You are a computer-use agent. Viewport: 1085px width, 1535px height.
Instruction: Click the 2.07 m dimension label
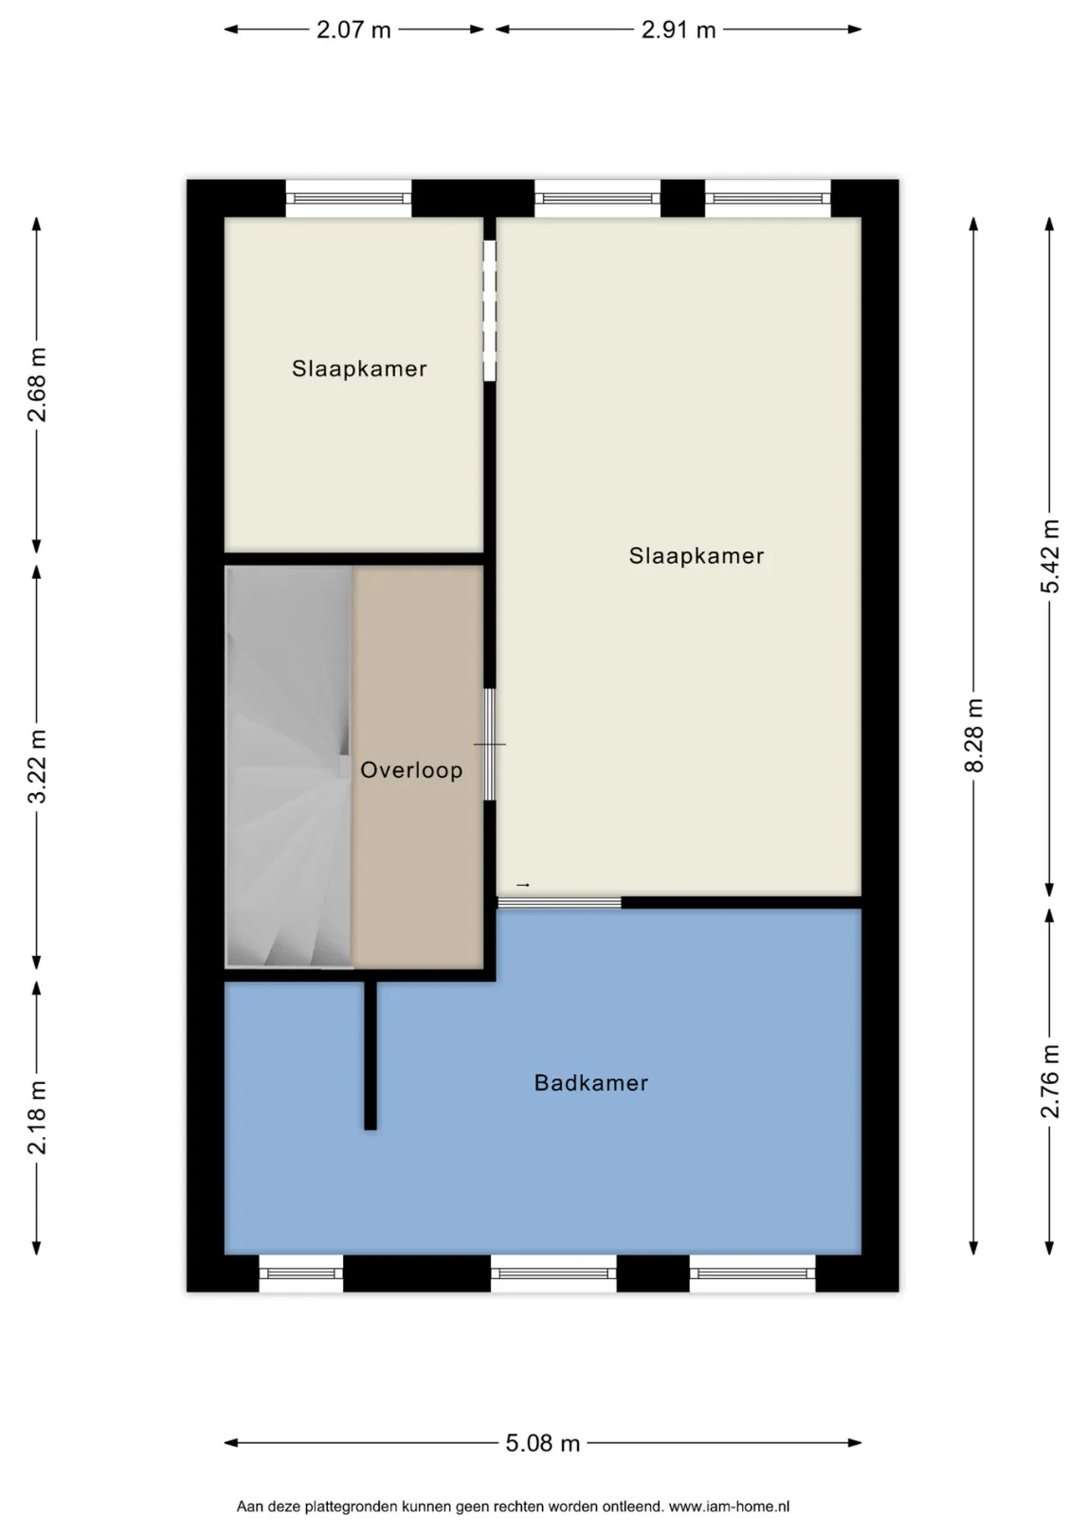[353, 30]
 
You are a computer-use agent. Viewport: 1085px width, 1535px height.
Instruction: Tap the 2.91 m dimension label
[678, 30]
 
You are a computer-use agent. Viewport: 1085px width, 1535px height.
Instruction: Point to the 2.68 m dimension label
[37, 385]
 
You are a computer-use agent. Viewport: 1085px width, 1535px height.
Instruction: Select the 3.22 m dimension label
[37, 767]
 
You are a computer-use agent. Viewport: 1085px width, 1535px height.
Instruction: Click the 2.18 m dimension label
[37, 1117]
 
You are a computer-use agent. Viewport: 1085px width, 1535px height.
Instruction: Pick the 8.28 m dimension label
[973, 735]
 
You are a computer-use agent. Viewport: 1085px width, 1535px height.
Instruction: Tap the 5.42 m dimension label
[1049, 556]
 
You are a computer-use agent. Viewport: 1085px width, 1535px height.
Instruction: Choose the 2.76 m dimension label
[1049, 1081]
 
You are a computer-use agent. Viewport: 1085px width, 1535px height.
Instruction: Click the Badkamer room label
[590, 1083]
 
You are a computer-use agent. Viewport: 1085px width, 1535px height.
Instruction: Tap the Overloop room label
[411, 769]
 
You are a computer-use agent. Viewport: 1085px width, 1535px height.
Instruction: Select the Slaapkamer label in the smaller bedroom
[359, 369]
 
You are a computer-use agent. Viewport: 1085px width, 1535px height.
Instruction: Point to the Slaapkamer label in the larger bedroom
[696, 555]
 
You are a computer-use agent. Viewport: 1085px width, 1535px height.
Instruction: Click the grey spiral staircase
[289, 767]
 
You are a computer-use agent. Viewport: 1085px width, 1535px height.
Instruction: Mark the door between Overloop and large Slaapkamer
[489, 744]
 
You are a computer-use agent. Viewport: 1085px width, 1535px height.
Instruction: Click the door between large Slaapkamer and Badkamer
[559, 902]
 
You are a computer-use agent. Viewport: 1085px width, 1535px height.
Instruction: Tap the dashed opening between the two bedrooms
[489, 310]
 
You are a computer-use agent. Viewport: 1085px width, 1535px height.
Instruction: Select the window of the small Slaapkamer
[348, 199]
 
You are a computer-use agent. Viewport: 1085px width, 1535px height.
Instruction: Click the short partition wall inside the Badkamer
[371, 1056]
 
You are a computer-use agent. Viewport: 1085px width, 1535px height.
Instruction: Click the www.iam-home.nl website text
[730, 1507]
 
